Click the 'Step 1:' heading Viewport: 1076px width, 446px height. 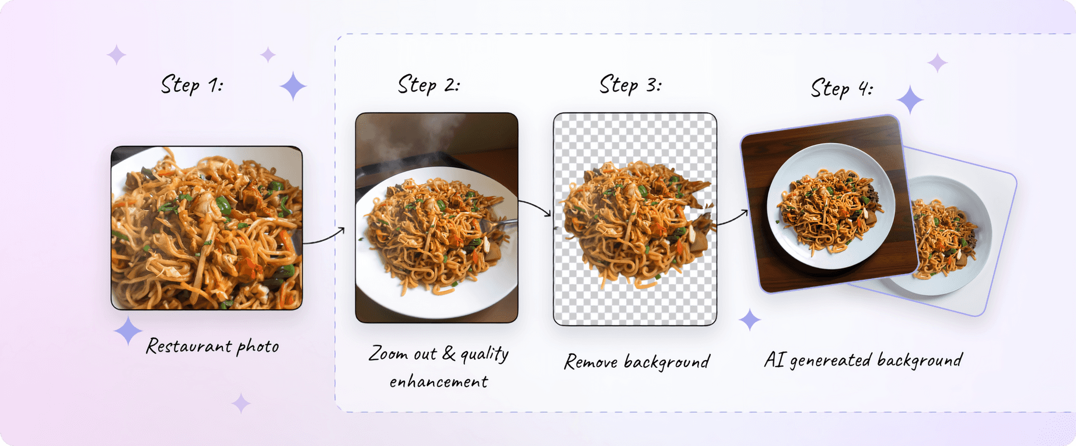192,85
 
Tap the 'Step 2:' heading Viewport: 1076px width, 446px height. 429,85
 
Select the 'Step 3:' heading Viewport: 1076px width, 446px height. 631,85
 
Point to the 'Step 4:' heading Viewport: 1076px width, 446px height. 842,88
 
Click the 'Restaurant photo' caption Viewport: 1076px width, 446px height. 212,346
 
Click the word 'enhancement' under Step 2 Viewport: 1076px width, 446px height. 439,382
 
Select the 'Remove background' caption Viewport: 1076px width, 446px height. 637,362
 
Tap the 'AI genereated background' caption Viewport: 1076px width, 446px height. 863,360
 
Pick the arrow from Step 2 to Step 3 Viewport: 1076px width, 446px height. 535,206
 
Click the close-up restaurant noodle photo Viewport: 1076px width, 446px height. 207,228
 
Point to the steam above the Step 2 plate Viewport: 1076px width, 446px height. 408,140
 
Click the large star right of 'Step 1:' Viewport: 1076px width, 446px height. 293,86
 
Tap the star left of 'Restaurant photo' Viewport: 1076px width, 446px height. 128,330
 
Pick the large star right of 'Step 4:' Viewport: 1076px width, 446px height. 910,100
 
